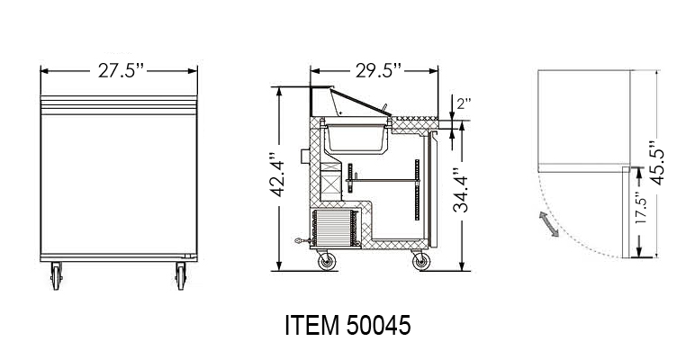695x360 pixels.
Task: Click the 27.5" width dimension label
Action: pos(121,70)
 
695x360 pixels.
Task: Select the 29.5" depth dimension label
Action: pos(378,70)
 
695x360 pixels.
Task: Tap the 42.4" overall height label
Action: pos(279,175)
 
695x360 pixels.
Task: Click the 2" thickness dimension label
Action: pos(464,103)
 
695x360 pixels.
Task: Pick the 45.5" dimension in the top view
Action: pos(657,163)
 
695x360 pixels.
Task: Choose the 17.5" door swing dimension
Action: pos(640,208)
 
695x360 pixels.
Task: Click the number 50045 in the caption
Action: pos(378,326)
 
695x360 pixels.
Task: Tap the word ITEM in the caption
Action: pos(312,326)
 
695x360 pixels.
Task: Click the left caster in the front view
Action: pos(56,275)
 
